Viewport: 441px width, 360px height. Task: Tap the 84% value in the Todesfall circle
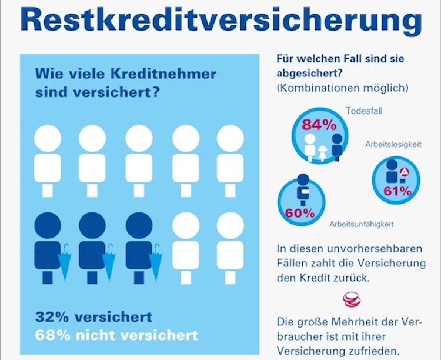click(319, 125)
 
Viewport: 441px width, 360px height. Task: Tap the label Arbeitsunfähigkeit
click(361, 224)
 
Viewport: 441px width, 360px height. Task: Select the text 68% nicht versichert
click(116, 335)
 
